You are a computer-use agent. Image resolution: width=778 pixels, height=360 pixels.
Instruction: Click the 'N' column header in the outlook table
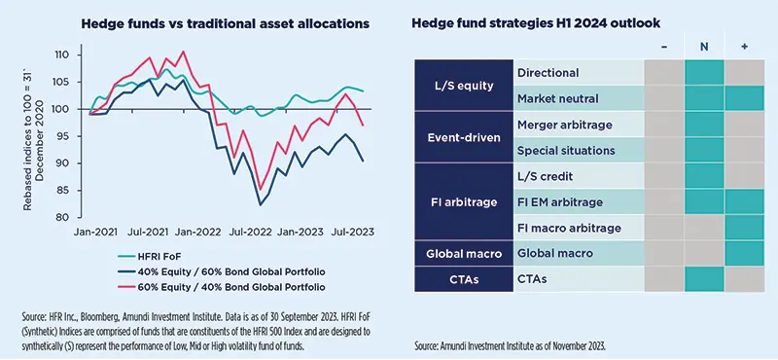click(x=703, y=46)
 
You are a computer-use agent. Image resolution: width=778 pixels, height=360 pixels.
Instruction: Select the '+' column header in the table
click(x=744, y=46)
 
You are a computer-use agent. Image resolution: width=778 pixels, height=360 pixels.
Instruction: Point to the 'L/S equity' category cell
click(x=463, y=86)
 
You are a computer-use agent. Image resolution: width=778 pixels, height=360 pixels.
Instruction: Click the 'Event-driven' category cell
click(x=463, y=137)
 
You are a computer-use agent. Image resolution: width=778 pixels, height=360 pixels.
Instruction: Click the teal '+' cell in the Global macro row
click(x=744, y=253)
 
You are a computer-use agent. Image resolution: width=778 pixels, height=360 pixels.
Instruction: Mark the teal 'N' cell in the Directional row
click(x=703, y=72)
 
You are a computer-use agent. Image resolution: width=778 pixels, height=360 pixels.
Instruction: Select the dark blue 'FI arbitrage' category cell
click(x=463, y=201)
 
